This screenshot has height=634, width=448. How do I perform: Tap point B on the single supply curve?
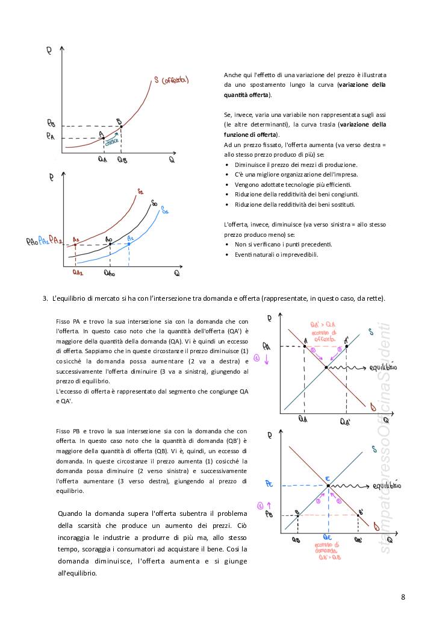pos(121,127)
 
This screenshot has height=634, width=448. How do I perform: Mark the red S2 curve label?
pos(140,192)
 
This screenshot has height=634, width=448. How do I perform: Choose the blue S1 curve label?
pos(164,212)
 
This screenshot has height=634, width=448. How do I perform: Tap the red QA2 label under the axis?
pos(77,272)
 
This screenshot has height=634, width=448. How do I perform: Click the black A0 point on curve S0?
pos(110,244)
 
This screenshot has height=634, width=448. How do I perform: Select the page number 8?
pos(403,597)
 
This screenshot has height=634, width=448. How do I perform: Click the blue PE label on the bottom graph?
pos(269,484)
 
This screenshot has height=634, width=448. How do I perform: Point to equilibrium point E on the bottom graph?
pos(328,485)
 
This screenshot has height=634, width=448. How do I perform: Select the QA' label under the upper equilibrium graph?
pos(346,422)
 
